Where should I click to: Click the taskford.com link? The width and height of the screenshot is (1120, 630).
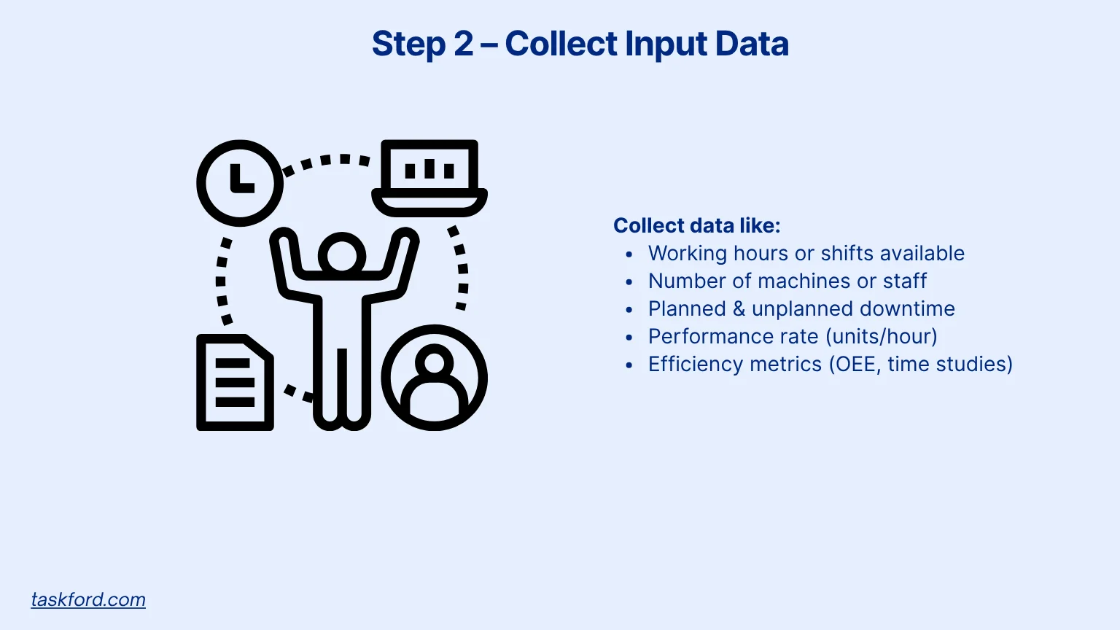[88, 599]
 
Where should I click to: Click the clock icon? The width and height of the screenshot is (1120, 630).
[240, 183]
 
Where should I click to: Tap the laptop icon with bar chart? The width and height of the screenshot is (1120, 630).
[429, 178]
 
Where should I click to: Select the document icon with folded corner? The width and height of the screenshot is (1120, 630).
[234, 383]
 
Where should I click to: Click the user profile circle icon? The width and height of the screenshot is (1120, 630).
[434, 378]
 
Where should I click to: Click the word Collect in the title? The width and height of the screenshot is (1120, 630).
[561, 44]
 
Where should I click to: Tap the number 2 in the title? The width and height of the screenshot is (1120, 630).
[464, 44]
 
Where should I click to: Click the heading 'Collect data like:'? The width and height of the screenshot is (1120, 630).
[696, 225]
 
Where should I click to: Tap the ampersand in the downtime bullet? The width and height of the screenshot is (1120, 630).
[739, 308]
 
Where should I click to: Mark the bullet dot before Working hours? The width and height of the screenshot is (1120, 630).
[629, 254]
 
